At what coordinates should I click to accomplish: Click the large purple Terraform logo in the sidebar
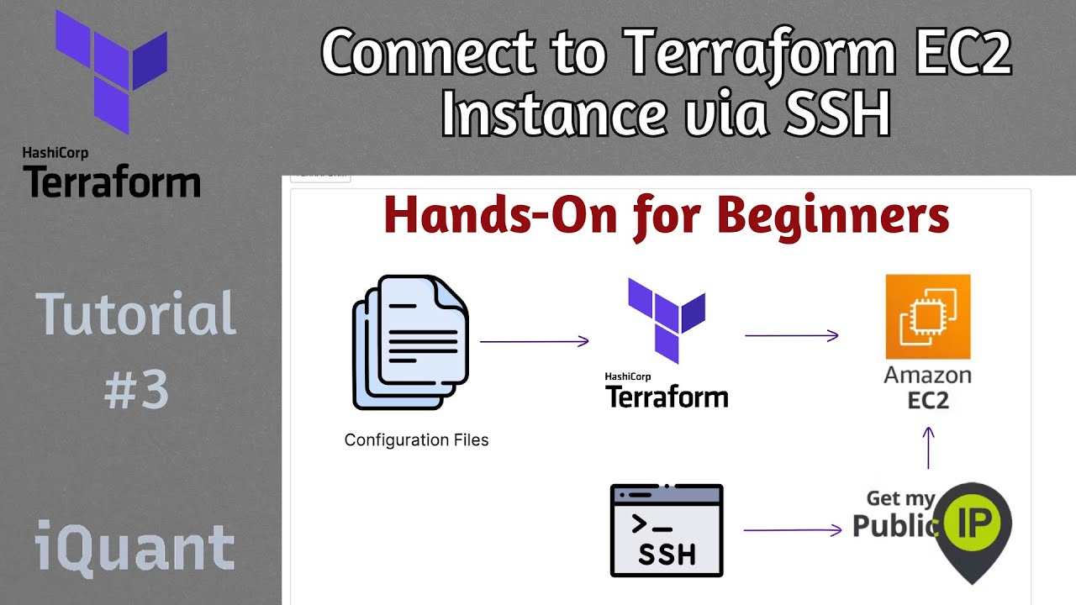(x=112, y=71)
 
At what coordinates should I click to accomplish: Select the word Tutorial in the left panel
(x=136, y=314)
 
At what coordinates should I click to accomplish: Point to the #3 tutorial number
(x=136, y=390)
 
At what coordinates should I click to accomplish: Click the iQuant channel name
(x=134, y=547)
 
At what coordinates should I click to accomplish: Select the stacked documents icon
(x=410, y=343)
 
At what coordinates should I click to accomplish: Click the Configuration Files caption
(x=416, y=440)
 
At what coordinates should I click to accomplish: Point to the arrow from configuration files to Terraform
(x=534, y=341)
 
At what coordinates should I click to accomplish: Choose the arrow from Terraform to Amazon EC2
(x=792, y=335)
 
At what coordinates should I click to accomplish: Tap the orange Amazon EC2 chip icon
(x=927, y=317)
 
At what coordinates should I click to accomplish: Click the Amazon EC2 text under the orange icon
(x=927, y=387)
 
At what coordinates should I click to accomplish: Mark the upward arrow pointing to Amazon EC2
(x=928, y=447)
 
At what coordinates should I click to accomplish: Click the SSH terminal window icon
(x=667, y=530)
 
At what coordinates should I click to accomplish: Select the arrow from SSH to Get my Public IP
(x=792, y=530)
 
